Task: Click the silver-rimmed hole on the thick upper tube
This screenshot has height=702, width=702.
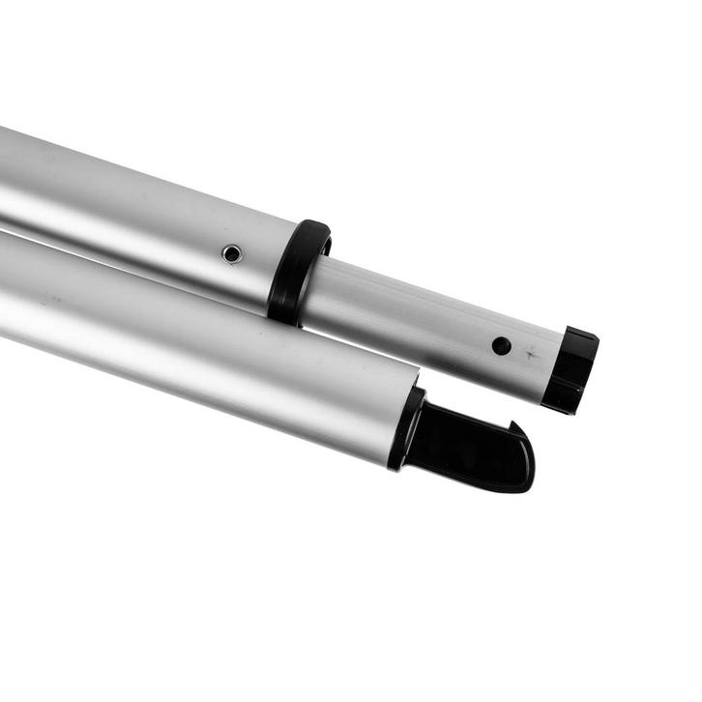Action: pos(232,253)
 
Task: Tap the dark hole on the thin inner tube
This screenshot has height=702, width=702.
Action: pos(500,344)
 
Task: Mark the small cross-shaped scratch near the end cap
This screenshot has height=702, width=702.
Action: pos(531,357)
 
